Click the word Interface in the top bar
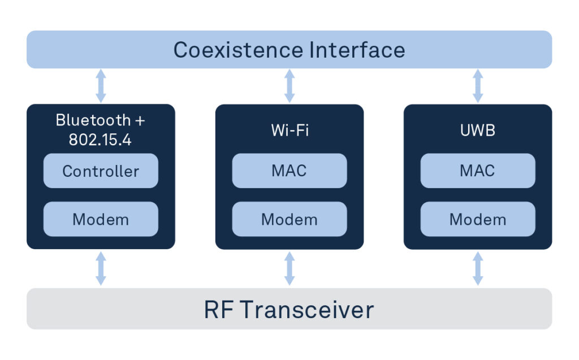pos(357,50)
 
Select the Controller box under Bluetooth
pos(101,171)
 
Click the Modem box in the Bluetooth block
pos(101,219)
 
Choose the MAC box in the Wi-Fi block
pos(289,171)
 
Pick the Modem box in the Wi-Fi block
pos(289,219)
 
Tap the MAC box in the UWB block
pos(478,171)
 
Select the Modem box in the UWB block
pos(478,219)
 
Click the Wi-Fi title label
pos(290,131)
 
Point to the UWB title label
pos(478,131)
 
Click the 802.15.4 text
pos(100,140)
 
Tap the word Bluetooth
pos(93,120)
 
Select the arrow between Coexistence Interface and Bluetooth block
pos(101,86)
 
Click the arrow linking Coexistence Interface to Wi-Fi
pos(289,86)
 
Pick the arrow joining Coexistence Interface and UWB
pos(478,86)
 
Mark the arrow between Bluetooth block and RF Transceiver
pos(101,268)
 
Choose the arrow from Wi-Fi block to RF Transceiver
pos(289,268)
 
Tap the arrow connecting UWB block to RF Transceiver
pos(478,268)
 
